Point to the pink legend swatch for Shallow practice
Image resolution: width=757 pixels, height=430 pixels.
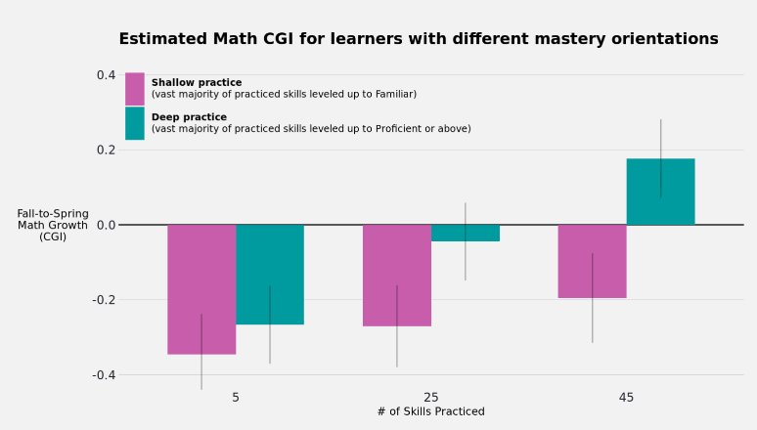click(x=134, y=89)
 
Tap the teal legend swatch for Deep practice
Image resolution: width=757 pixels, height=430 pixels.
click(x=134, y=123)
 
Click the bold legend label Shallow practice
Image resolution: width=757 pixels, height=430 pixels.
click(x=197, y=83)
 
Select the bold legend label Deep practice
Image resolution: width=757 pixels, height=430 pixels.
click(x=189, y=117)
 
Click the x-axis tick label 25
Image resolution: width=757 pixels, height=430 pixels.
click(x=431, y=398)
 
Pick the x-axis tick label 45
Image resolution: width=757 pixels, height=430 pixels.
click(x=626, y=398)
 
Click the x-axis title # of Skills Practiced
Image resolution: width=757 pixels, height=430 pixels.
click(x=430, y=412)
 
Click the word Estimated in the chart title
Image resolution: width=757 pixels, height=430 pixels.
click(x=163, y=40)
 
